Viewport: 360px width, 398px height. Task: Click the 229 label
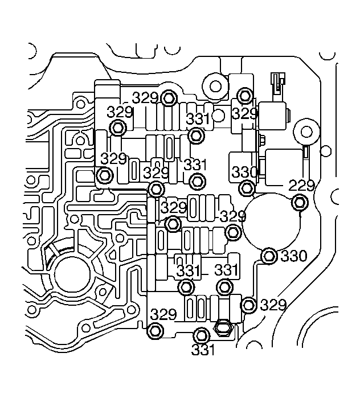click(x=301, y=186)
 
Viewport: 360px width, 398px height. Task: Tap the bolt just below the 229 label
click(x=300, y=203)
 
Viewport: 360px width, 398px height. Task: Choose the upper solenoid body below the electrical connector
click(x=272, y=117)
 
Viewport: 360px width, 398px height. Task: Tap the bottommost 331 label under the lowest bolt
click(x=203, y=350)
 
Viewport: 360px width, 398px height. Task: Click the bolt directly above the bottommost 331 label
click(x=202, y=336)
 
